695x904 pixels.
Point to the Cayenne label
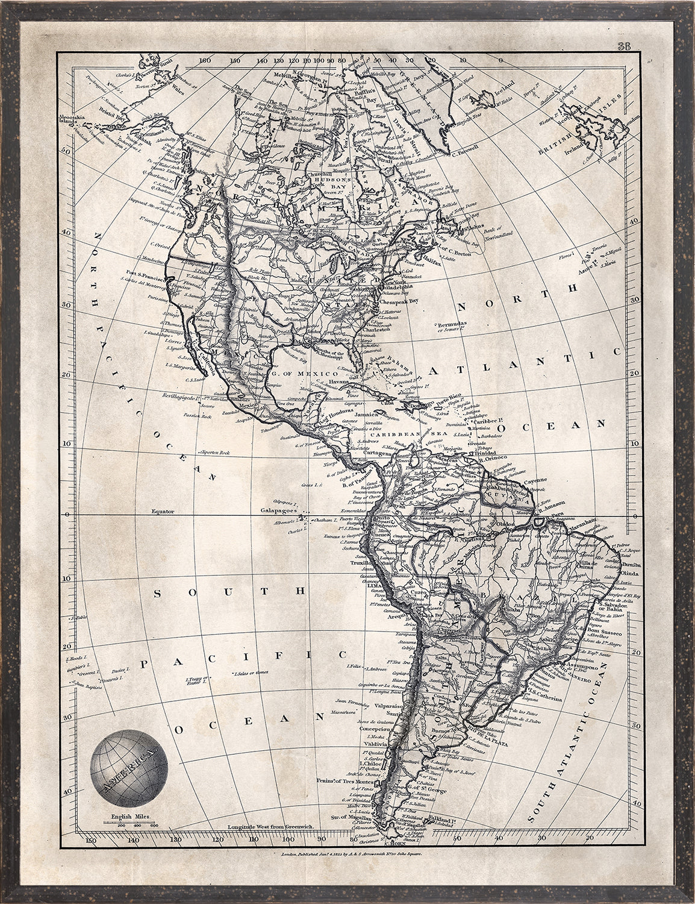[x=529, y=482]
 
